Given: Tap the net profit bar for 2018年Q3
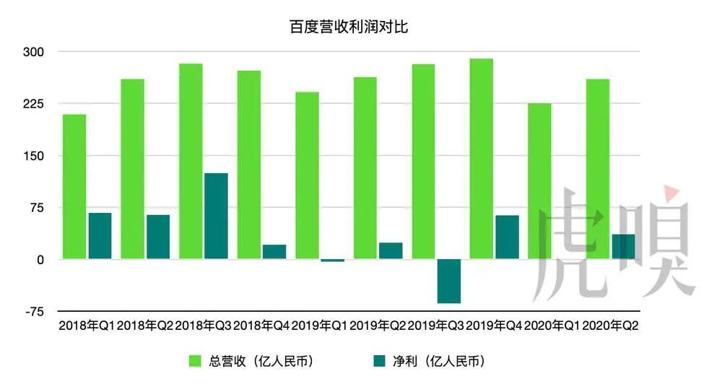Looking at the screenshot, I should pyautogui.click(x=216, y=216).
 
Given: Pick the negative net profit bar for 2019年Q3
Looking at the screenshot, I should pyautogui.click(x=449, y=281).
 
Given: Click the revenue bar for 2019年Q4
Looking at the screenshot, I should pyautogui.click(x=481, y=159).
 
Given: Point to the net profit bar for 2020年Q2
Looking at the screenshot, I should pyautogui.click(x=623, y=246).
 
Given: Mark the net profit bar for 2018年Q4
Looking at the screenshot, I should pyautogui.click(x=274, y=251).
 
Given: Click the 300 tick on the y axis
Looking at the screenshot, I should pyautogui.click(x=35, y=52).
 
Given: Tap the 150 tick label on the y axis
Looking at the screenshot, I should pyautogui.click(x=35, y=156).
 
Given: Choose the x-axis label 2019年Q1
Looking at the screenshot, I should pyautogui.click(x=319, y=326).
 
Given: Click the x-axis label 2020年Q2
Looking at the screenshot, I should pyautogui.click(x=610, y=326).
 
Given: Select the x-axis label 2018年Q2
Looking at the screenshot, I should pyautogui.click(x=144, y=326).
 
